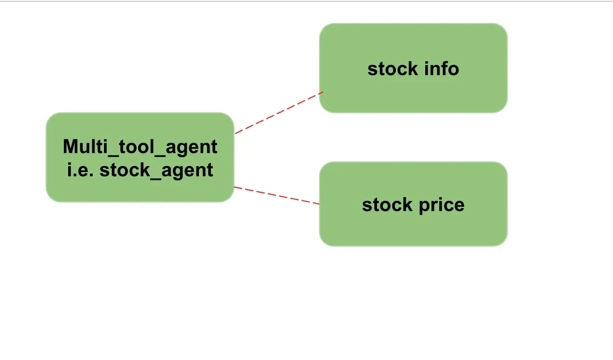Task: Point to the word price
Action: [x=441, y=205]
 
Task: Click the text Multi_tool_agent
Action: [x=140, y=147]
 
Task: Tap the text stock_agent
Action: [x=156, y=170]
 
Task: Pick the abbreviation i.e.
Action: [x=81, y=170]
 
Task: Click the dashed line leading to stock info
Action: [x=278, y=113]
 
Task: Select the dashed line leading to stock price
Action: [x=277, y=195]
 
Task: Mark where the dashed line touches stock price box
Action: [x=319, y=204]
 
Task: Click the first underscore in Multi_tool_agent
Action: [x=107, y=153]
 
